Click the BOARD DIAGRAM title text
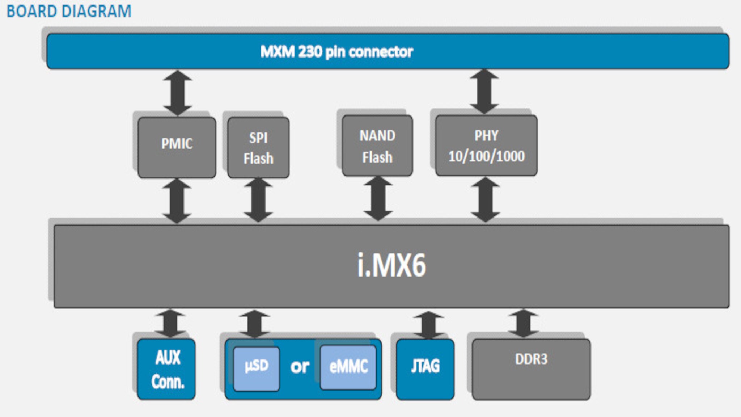point(69,11)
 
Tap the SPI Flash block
point(258,147)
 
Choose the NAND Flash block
point(377,146)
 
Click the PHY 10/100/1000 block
point(486,146)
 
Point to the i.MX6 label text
point(391,266)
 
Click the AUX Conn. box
point(166,369)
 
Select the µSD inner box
point(256,368)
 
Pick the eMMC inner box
point(348,367)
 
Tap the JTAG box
point(425,369)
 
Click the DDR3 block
point(531,369)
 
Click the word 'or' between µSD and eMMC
point(300,367)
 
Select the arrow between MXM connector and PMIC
point(177,93)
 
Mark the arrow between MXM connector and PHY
point(484,92)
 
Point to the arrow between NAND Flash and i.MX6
point(378,198)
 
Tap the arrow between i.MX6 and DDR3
point(523,323)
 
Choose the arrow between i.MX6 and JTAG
point(428,325)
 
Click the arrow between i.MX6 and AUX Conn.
point(170,323)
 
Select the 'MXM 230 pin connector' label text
point(336,52)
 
